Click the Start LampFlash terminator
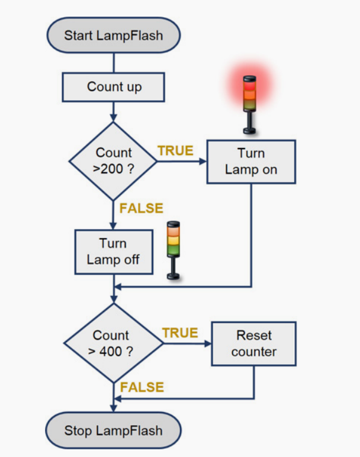(113, 35)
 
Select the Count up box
(113, 87)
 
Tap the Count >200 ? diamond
(113, 160)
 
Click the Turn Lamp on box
(251, 161)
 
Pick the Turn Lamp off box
(113, 252)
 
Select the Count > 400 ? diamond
(113, 343)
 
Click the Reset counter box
(254, 343)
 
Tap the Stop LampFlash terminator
(113, 430)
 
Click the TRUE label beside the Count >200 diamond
(175, 151)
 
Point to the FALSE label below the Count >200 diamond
(141, 208)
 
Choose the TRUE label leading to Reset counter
(180, 333)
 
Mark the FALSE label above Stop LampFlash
(142, 388)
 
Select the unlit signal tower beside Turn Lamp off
(173, 249)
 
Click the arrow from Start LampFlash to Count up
(113, 61)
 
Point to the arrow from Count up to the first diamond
(113, 111)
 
